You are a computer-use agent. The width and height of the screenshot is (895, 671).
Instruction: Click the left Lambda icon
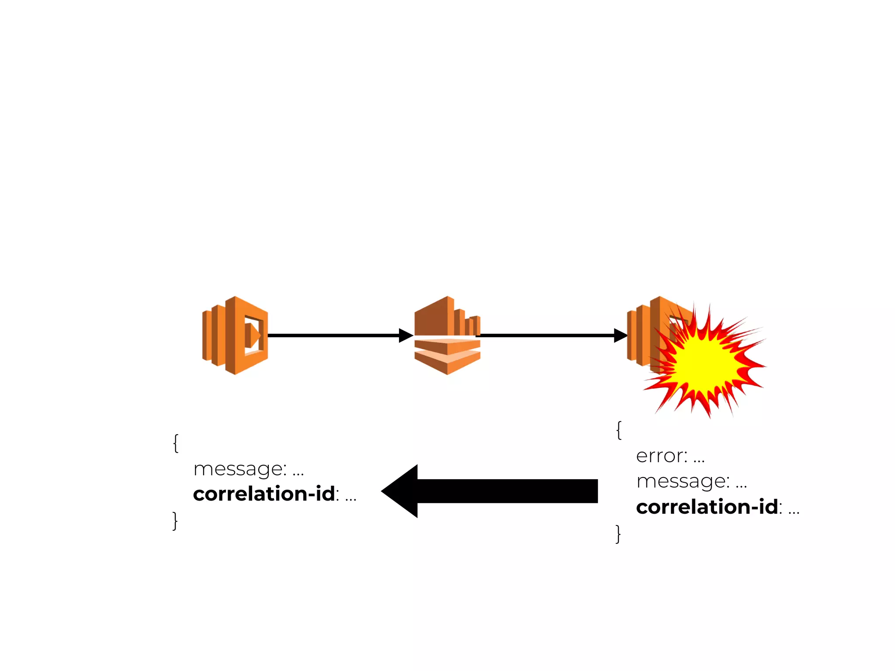[x=235, y=335]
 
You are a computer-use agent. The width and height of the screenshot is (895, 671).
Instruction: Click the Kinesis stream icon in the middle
[x=447, y=335]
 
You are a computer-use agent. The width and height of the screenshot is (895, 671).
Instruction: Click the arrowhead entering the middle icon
[x=406, y=335]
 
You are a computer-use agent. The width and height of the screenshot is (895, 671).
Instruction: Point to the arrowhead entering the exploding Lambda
[x=621, y=335]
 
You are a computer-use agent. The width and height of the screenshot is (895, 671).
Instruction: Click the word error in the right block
[x=661, y=456]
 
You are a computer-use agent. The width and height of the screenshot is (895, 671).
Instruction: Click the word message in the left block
[x=239, y=469]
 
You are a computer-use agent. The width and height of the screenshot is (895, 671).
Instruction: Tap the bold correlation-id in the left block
[x=264, y=494]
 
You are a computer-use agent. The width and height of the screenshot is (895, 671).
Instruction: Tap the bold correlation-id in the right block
[x=707, y=507]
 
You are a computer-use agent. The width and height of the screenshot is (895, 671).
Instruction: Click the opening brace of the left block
[x=176, y=443]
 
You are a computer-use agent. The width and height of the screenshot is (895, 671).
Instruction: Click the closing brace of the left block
[x=175, y=521]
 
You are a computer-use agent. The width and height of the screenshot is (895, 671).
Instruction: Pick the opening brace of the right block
[x=619, y=430]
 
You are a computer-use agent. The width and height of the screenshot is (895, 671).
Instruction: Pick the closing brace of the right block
[x=618, y=534]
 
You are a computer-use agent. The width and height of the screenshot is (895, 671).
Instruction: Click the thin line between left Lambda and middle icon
[x=332, y=335]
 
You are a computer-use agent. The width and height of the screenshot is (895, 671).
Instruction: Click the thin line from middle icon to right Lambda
[x=546, y=335]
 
